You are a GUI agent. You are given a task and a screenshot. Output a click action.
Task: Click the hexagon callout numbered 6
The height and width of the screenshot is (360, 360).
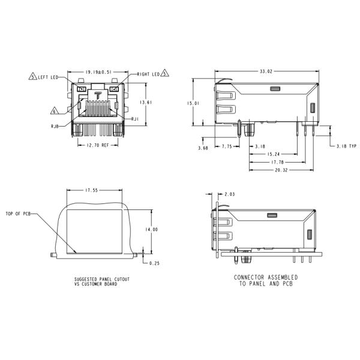pos(54,110)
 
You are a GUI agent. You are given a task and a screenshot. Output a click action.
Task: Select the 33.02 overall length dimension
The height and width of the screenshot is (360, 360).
pos(265,71)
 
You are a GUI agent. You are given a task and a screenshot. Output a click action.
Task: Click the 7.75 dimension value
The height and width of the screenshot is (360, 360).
pos(227,146)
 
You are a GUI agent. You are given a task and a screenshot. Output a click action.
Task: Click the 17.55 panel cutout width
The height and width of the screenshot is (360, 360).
pos(91,190)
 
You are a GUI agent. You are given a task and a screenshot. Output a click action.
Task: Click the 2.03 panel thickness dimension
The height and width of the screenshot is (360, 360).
pos(229,194)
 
